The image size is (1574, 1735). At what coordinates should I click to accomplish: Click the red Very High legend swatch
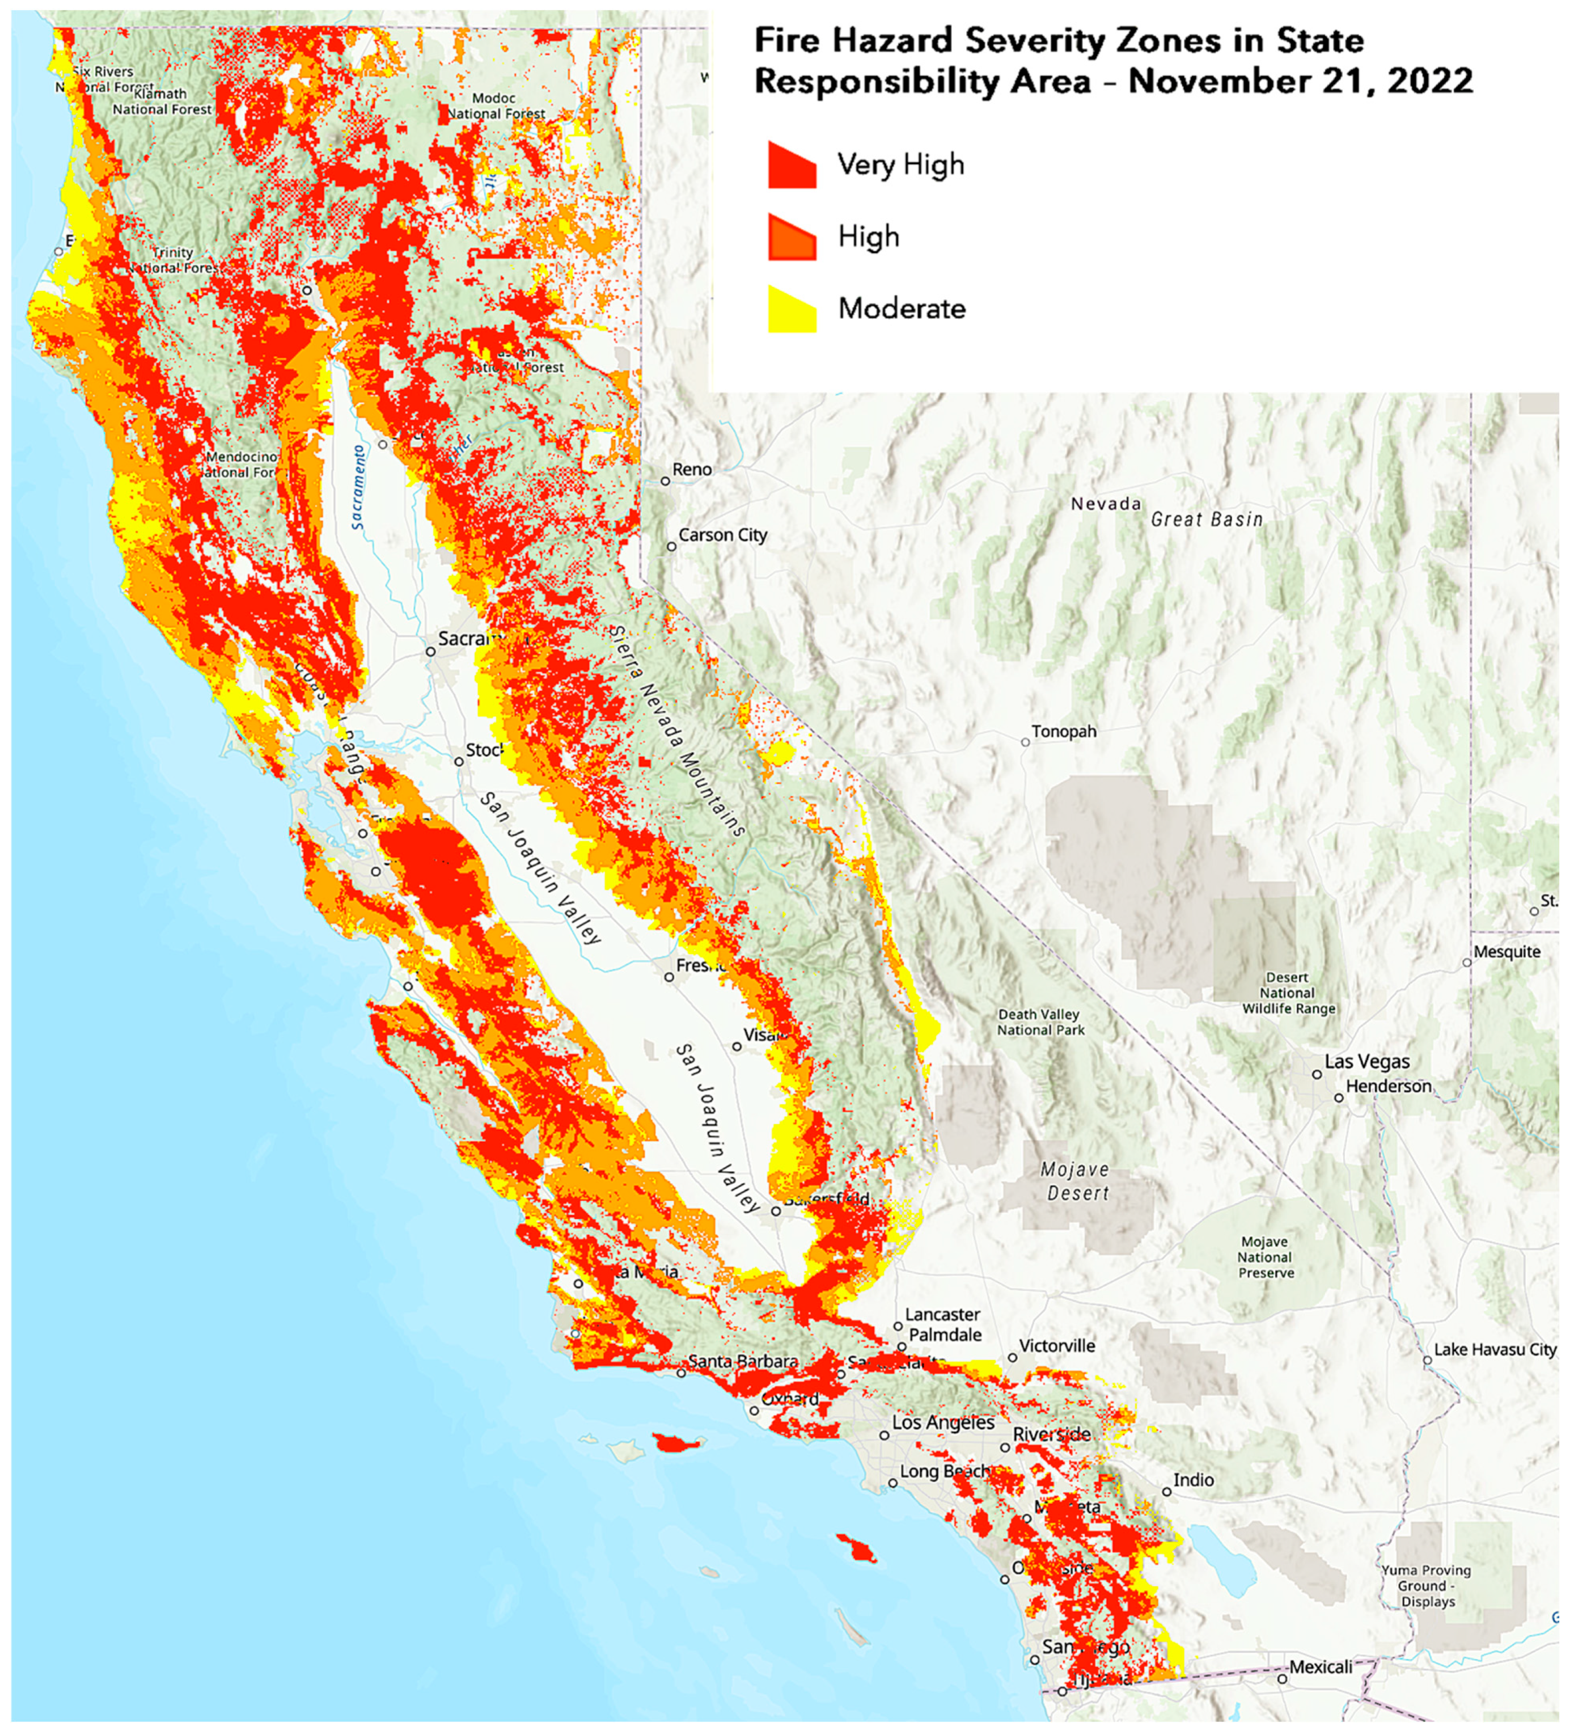click(791, 165)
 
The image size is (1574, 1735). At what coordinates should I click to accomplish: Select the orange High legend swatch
click(791, 238)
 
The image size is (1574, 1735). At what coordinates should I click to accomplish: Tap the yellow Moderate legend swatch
click(791, 309)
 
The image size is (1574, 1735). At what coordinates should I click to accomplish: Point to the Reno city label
click(692, 470)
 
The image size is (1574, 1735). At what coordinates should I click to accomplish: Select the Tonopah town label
click(1064, 732)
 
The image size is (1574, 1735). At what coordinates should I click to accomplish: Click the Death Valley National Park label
click(1040, 1023)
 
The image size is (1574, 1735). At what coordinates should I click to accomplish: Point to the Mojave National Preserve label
click(1264, 1257)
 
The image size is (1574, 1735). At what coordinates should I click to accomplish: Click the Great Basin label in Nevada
click(1207, 520)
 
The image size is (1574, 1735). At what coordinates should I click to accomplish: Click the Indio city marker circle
click(1167, 1492)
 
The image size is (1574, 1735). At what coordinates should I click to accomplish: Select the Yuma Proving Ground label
click(1427, 1586)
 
